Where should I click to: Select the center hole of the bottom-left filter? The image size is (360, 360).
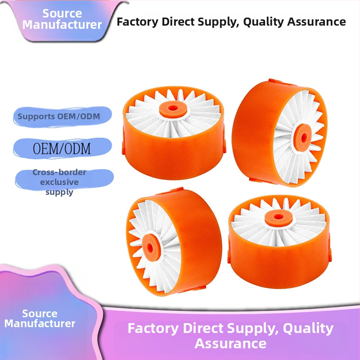coord(150,246)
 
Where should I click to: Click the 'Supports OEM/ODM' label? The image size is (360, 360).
coord(58,117)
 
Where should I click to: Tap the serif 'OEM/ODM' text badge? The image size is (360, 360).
coord(62,148)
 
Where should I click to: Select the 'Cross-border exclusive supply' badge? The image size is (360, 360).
coord(59,182)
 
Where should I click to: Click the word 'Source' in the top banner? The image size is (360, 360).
coord(62,13)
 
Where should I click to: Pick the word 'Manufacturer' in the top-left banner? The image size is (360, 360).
coord(62,25)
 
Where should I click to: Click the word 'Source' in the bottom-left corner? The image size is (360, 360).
coord(40,314)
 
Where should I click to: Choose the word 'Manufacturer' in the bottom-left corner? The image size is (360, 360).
coord(40,324)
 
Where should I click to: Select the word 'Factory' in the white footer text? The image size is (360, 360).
coord(153,328)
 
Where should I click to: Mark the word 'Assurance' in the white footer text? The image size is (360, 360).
coord(230,344)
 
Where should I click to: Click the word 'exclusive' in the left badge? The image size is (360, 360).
coord(59,182)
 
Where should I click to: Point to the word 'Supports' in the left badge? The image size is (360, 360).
coord(35,117)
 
